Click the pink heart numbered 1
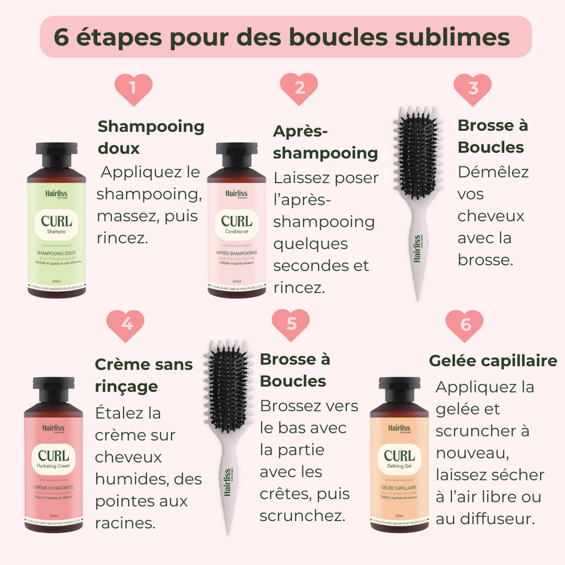coord(133,89)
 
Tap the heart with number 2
coord(299,89)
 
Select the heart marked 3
coord(472,89)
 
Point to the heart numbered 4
coord(126,325)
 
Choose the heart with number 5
coord(291,324)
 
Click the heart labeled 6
coord(465,325)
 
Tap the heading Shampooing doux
coord(150,137)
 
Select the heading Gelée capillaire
coord(493,361)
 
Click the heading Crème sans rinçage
coord(143,375)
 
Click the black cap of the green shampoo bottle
coord(56,154)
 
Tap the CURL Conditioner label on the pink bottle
coord(236,224)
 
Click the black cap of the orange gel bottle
coord(399,388)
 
